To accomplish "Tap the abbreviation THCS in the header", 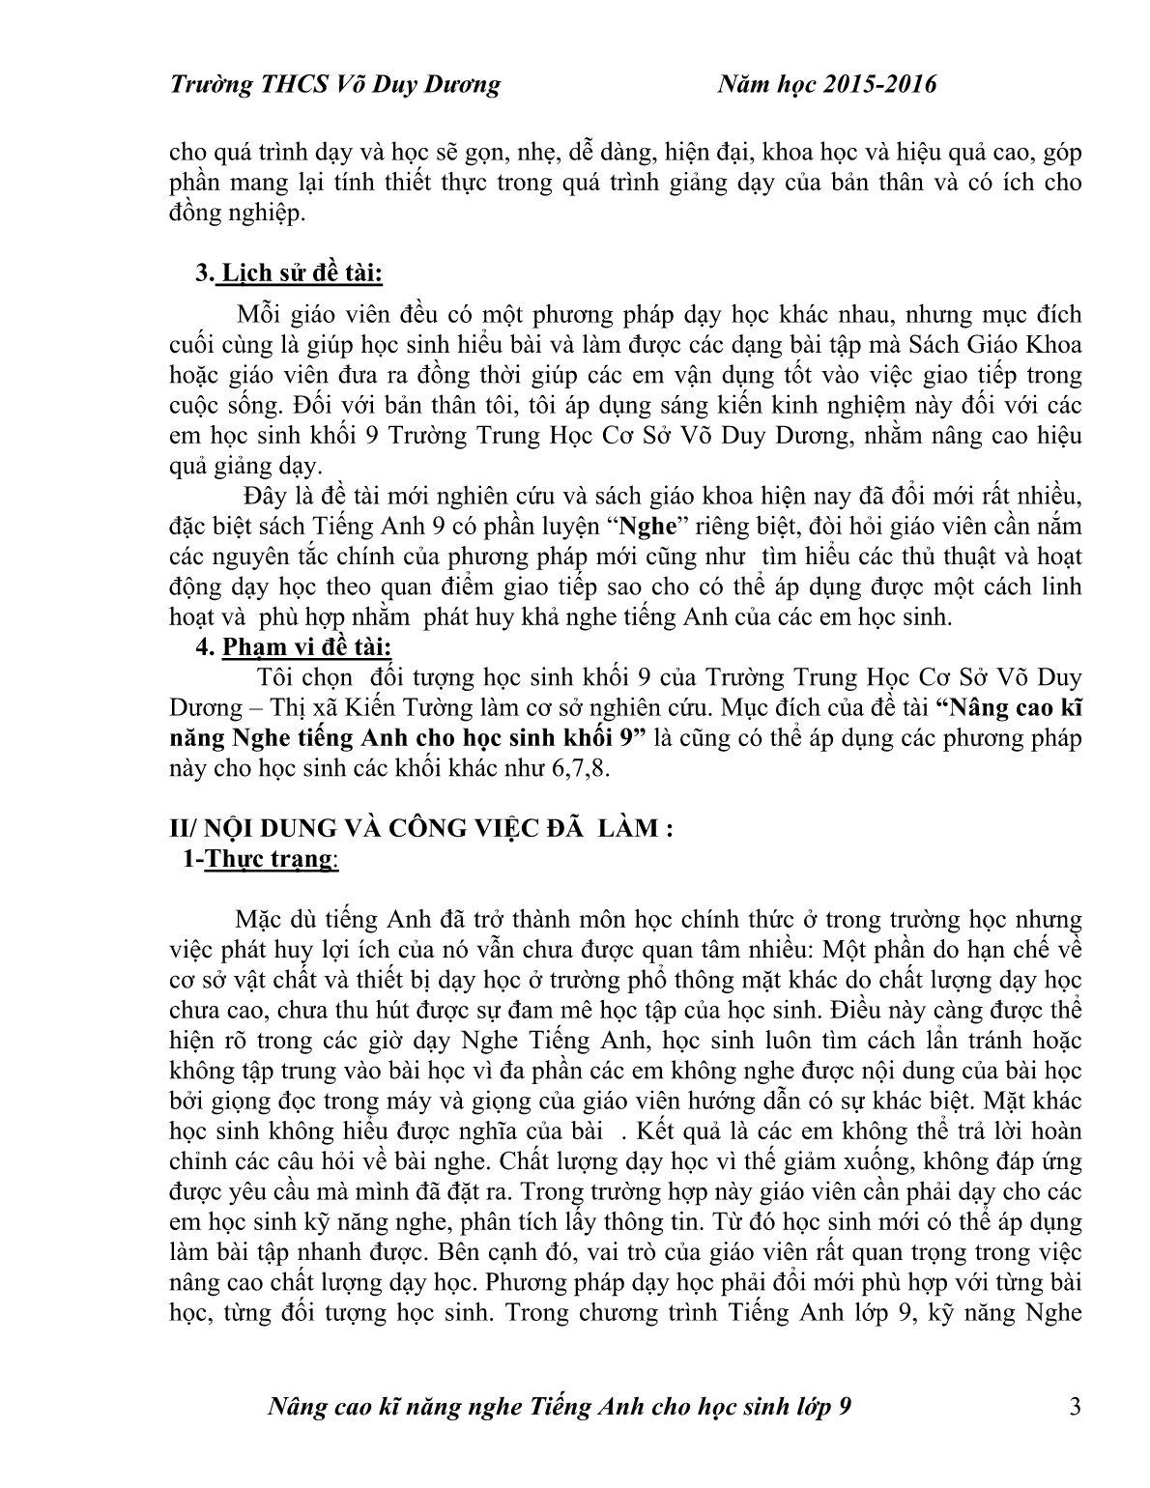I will pyautogui.click(x=295, y=85).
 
